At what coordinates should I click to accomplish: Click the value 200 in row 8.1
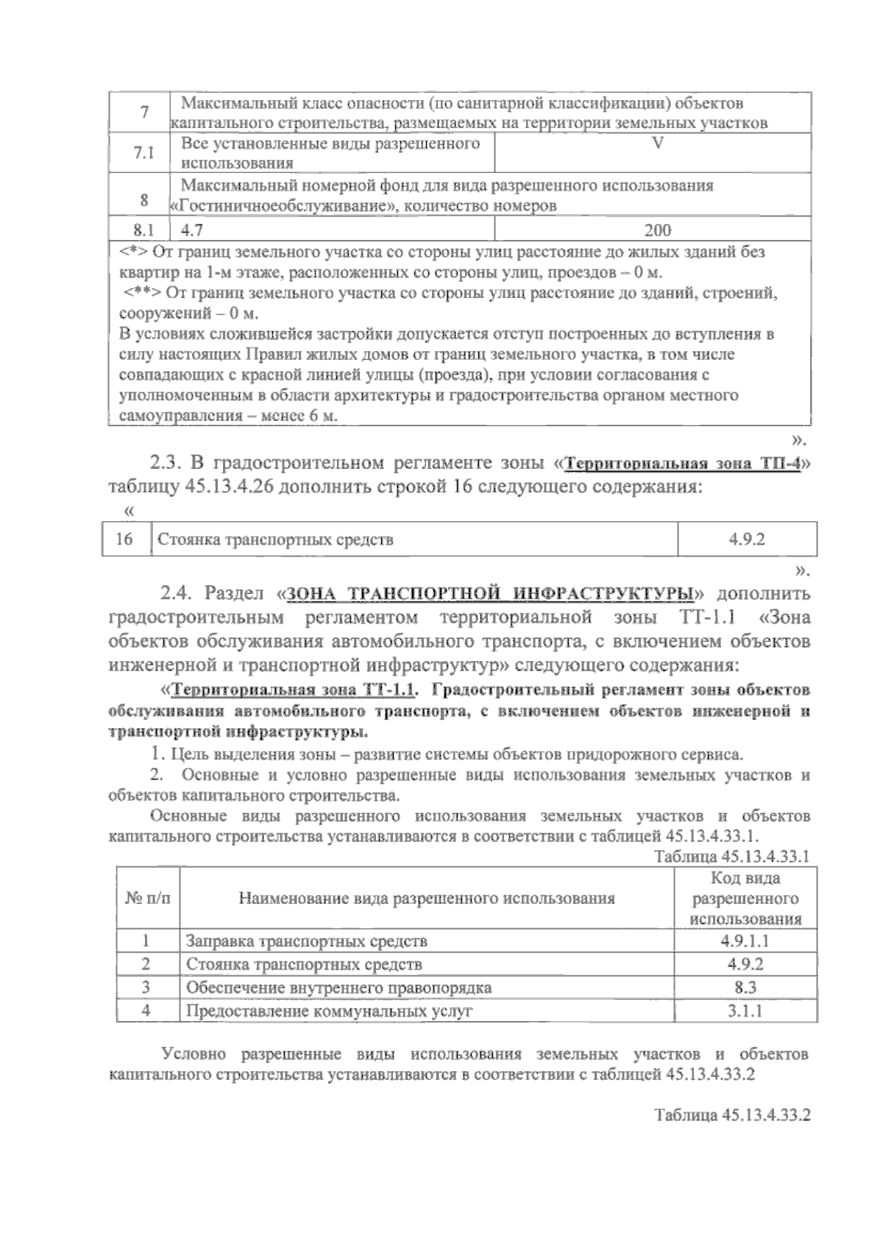tap(656, 230)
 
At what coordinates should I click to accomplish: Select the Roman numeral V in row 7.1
tap(656, 144)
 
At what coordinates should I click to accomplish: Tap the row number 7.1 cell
tap(143, 153)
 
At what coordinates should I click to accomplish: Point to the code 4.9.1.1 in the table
tap(745, 941)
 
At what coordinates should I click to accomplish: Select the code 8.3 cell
tap(745, 987)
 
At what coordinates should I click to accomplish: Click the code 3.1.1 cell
tap(745, 1011)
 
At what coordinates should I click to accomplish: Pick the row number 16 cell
tap(124, 540)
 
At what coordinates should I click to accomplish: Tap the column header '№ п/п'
tap(147, 898)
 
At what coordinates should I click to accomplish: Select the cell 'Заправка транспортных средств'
tap(306, 941)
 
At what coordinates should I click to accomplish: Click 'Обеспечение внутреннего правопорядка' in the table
tap(338, 987)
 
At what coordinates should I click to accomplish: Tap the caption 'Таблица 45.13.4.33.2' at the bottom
tap(732, 1114)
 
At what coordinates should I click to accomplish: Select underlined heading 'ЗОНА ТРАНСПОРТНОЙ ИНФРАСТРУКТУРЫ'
tap(491, 593)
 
